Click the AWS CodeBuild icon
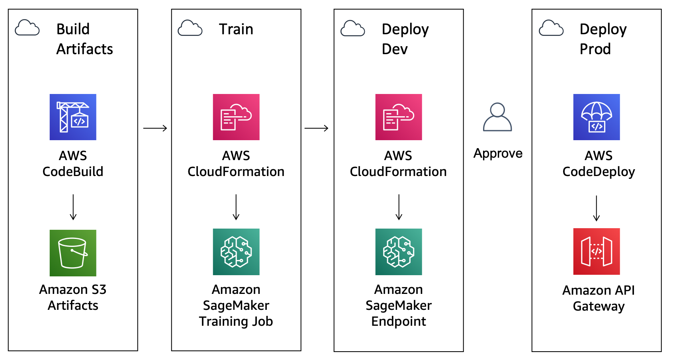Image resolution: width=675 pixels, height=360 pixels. [x=73, y=117]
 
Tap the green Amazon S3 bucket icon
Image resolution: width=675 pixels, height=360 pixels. [x=73, y=253]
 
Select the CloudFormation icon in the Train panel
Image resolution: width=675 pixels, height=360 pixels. [x=236, y=117]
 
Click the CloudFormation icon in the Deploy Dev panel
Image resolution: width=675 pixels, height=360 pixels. [x=399, y=117]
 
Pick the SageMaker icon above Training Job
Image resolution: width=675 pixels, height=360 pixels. [x=236, y=252]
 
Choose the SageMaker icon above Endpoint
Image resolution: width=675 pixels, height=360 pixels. [x=399, y=252]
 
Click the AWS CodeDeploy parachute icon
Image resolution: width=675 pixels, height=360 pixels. [x=597, y=117]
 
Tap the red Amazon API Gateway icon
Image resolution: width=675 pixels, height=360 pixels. [x=597, y=251]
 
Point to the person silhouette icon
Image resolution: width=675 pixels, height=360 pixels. [x=497, y=117]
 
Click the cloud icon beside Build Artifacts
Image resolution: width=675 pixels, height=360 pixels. [x=27, y=28]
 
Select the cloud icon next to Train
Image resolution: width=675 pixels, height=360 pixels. [x=190, y=28]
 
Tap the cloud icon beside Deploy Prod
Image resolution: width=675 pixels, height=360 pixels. [x=551, y=28]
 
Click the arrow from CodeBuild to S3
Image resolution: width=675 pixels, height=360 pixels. [x=73, y=207]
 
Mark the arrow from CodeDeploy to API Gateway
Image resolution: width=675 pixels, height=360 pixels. [x=597, y=208]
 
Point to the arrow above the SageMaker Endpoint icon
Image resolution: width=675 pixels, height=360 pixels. [x=399, y=207]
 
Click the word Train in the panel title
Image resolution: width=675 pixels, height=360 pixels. [x=236, y=29]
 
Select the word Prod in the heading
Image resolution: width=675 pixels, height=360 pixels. [x=595, y=49]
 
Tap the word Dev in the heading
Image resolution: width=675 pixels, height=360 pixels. [x=395, y=49]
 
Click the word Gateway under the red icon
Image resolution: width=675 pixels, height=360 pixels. [x=599, y=306]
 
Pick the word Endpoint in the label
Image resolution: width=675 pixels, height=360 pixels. [x=399, y=321]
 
